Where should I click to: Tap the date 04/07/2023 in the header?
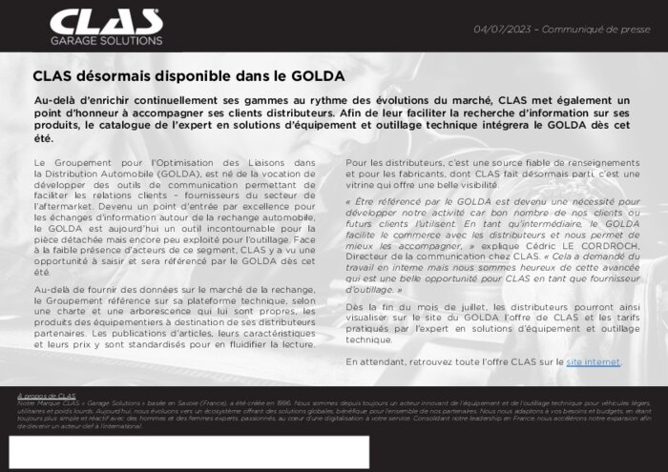pyautogui.click(x=502, y=30)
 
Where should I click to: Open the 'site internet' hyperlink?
pyautogui.click(x=594, y=362)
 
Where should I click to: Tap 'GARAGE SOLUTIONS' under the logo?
pyautogui.click(x=106, y=41)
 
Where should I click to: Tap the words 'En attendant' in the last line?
pyautogui.click(x=375, y=362)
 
